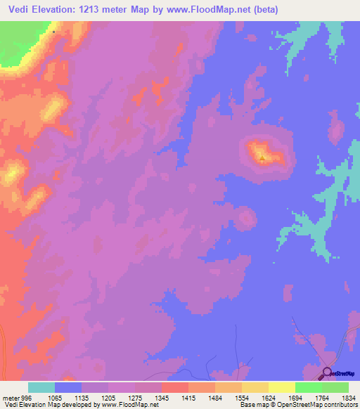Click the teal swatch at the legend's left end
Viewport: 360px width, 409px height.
point(41,387)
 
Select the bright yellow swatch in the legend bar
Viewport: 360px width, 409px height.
point(281,387)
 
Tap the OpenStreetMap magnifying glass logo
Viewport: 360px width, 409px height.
point(326,373)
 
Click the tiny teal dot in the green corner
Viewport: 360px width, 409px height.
point(53,32)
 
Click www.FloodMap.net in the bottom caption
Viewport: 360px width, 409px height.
point(131,405)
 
